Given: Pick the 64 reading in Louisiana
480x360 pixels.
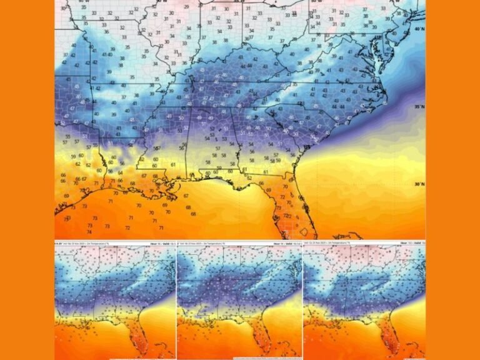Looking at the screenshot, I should (x=120, y=173).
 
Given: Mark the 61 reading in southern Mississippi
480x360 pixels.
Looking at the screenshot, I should (x=172, y=164).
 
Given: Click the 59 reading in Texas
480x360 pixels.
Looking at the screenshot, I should (x=74, y=156).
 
